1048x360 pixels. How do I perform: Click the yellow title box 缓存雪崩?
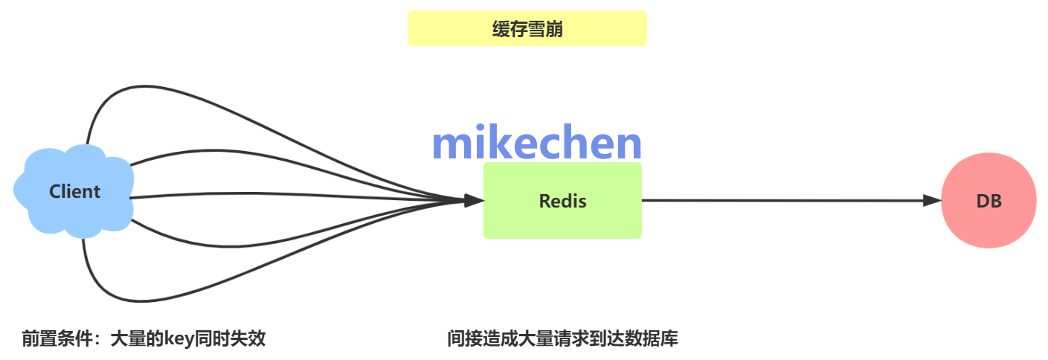[x=527, y=28]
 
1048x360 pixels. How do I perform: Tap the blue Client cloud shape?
[x=74, y=191]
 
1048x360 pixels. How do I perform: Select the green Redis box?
[x=562, y=200]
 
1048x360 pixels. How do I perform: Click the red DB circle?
[x=988, y=200]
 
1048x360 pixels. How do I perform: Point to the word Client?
[x=75, y=191]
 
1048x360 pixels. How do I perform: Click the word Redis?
[x=562, y=202]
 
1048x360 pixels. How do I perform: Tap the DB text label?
[x=989, y=202]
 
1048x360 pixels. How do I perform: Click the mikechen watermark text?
[x=536, y=142]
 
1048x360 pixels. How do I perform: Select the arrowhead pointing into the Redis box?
[x=474, y=200]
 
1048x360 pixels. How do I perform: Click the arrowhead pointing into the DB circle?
[x=932, y=200]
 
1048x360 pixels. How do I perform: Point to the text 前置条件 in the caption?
[x=57, y=338]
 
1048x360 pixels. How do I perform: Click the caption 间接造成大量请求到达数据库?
[x=562, y=338]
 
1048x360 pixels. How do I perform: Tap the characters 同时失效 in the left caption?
[x=230, y=338]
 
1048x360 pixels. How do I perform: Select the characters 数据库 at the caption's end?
[x=652, y=338]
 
